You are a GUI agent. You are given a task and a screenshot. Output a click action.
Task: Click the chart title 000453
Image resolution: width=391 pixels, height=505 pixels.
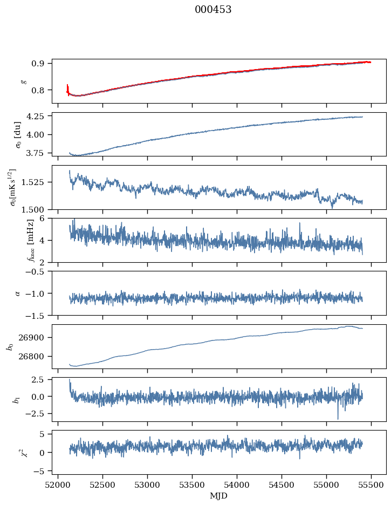pyautogui.click(x=213, y=10)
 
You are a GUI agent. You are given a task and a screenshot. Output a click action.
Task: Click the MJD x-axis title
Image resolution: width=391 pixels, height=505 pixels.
pyautogui.click(x=219, y=496)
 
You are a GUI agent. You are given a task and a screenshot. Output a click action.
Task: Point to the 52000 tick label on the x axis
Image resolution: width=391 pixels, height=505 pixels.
pyautogui.click(x=58, y=485)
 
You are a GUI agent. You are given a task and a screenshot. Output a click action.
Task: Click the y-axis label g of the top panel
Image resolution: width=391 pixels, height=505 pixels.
pyautogui.click(x=23, y=81)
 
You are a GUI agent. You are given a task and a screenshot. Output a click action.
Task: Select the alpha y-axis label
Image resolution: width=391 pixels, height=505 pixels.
pyautogui.click(x=17, y=293)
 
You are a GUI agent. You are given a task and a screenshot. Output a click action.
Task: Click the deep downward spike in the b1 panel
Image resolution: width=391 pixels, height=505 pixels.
pyautogui.click(x=338, y=418)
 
